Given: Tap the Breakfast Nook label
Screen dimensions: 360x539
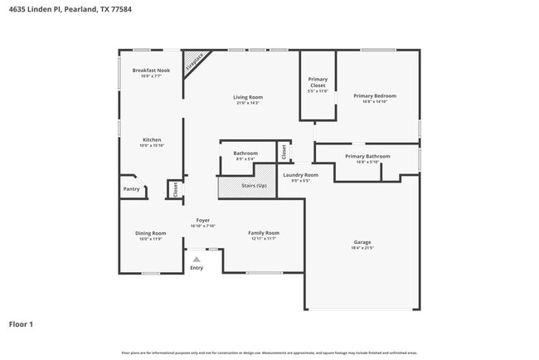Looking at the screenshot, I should click(x=151, y=71).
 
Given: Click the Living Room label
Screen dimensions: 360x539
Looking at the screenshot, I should click(x=248, y=97).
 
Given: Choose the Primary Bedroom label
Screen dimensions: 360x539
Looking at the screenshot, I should click(x=375, y=96).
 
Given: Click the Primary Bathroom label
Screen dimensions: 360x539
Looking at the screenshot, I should click(x=367, y=156).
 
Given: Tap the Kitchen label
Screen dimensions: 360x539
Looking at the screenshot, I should click(x=152, y=139).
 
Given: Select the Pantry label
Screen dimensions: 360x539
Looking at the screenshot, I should click(x=132, y=189).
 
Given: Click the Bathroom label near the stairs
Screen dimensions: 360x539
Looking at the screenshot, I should click(x=245, y=153).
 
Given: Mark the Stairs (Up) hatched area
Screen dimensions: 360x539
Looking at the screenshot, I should click(x=245, y=184).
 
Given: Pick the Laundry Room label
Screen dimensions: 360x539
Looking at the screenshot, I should click(x=300, y=175).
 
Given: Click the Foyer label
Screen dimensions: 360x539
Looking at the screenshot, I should click(x=203, y=220).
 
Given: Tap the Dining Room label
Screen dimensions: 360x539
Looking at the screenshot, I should click(x=151, y=233).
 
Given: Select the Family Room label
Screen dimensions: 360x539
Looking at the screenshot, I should click(x=264, y=233).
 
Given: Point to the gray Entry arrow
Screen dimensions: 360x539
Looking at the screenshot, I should click(x=197, y=260).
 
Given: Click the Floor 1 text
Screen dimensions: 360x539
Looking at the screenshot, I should click(x=22, y=324).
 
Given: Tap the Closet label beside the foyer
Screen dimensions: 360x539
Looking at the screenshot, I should click(x=175, y=189).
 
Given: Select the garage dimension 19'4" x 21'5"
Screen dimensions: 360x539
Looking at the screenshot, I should click(x=363, y=248).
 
